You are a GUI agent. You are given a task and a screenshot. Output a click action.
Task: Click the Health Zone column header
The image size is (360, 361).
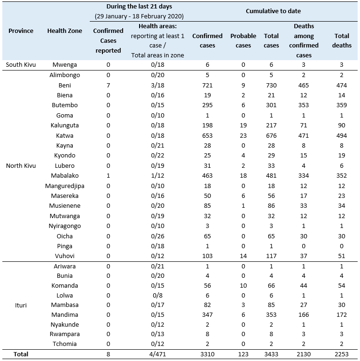[x=64, y=31]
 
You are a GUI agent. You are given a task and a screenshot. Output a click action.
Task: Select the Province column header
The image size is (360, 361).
[x=21, y=31]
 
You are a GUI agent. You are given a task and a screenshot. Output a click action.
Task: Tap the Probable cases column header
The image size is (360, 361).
[x=243, y=40]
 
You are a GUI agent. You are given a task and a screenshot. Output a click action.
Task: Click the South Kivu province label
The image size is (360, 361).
[x=21, y=65]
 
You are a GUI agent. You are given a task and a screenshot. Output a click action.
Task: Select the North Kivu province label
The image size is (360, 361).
[x=21, y=165]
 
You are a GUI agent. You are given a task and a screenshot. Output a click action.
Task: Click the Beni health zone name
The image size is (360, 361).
[x=64, y=85]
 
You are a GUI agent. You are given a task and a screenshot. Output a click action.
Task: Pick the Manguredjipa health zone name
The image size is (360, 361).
[x=64, y=186]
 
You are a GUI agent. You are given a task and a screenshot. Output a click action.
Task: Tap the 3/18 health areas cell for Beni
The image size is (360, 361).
[x=157, y=85]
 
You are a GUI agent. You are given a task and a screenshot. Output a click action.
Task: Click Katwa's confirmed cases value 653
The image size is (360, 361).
[x=207, y=135]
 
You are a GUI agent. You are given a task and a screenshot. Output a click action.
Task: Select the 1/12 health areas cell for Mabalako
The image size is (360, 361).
[x=157, y=175]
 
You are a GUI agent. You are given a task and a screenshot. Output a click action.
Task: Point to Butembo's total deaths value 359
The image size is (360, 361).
[x=342, y=105]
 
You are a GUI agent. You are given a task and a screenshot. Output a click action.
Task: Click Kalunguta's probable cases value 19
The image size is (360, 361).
[x=243, y=126]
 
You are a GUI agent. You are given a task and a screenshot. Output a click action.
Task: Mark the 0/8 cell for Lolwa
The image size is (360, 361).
[x=157, y=295]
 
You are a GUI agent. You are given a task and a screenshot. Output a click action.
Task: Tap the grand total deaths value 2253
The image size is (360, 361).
[x=342, y=354]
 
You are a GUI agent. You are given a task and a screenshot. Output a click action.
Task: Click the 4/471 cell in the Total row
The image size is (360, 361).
[x=157, y=354]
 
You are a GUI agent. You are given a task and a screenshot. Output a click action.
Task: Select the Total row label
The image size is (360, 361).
[x=21, y=354]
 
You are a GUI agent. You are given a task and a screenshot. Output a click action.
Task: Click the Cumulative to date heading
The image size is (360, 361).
[x=273, y=11]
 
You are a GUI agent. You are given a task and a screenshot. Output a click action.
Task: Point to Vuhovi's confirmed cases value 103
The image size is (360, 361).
[x=207, y=256]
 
